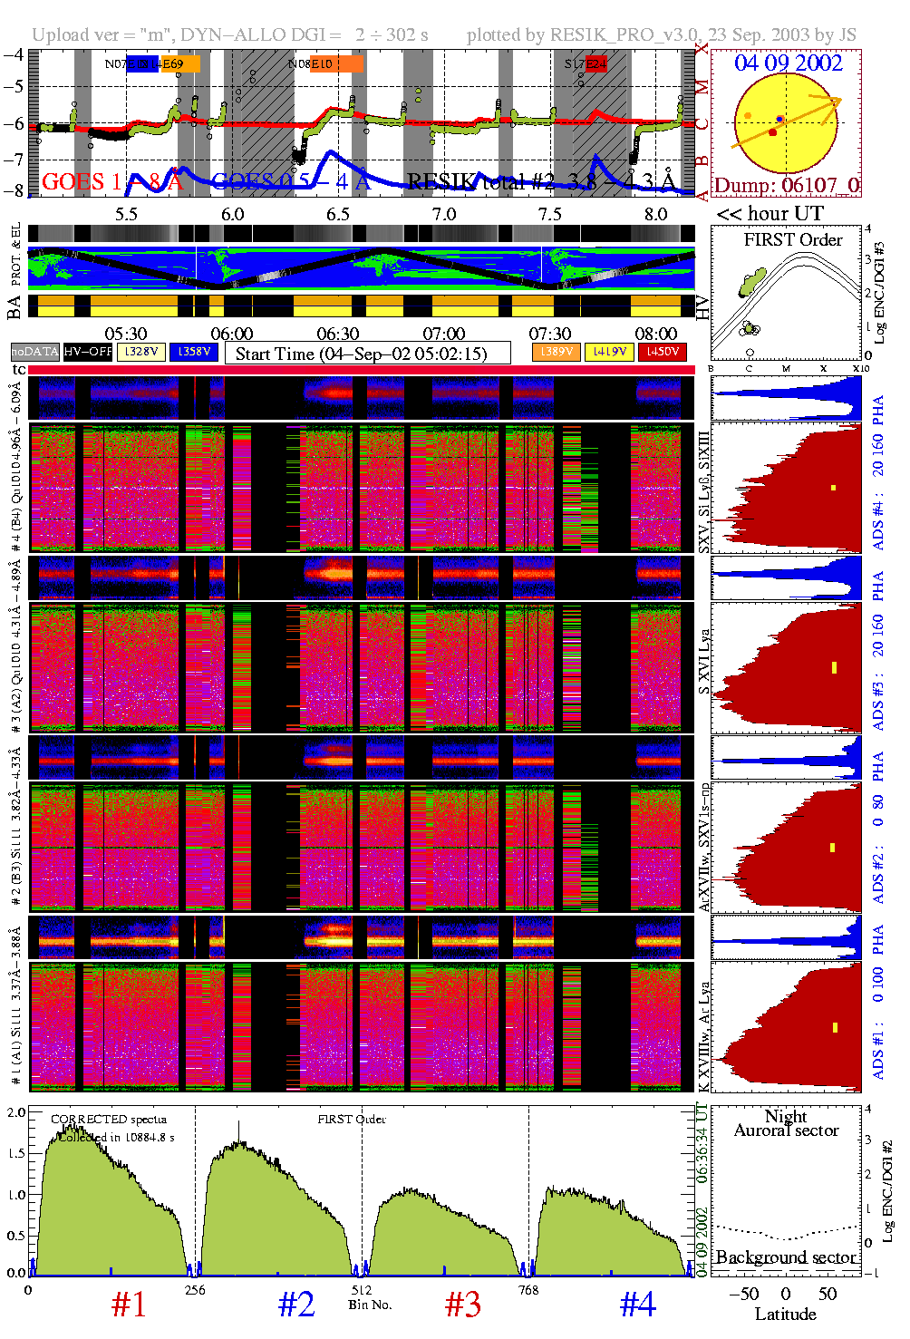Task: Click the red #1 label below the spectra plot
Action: (x=128, y=1305)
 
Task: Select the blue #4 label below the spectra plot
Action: (x=637, y=1305)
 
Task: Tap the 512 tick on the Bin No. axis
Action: (x=362, y=1290)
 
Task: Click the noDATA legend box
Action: (x=34, y=352)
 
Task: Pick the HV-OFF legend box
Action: (x=88, y=352)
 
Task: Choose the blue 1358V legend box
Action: (x=194, y=352)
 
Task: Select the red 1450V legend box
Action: (x=663, y=352)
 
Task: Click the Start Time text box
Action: (x=367, y=354)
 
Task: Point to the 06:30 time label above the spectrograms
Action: (x=337, y=335)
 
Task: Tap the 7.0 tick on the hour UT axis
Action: (x=443, y=214)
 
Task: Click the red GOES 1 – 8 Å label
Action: (x=111, y=182)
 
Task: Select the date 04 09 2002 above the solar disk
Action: (x=788, y=63)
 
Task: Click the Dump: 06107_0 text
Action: (x=786, y=186)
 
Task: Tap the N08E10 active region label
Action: (x=311, y=64)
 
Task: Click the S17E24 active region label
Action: (x=585, y=64)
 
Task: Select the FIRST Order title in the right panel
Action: (x=792, y=240)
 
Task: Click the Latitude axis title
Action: (x=785, y=1315)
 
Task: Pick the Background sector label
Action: (x=785, y=1257)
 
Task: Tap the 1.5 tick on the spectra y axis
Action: (x=16, y=1153)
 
